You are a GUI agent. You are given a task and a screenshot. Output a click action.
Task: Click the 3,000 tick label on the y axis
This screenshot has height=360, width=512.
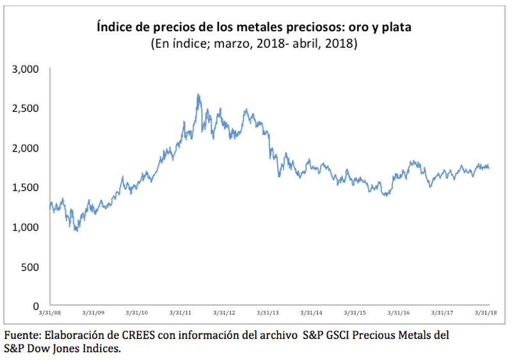[26, 68]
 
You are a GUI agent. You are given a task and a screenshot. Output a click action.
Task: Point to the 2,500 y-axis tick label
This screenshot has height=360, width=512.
[26, 108]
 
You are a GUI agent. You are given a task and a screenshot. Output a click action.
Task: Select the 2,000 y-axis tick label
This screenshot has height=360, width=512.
[26, 148]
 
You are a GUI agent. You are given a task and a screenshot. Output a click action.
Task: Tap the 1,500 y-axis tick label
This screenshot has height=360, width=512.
[26, 187]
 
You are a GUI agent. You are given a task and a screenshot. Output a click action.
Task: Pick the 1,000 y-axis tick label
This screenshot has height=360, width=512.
[26, 227]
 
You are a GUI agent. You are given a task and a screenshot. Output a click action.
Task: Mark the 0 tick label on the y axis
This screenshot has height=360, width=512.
[36, 306]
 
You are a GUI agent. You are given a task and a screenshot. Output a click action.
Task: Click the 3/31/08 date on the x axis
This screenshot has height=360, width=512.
[49, 313]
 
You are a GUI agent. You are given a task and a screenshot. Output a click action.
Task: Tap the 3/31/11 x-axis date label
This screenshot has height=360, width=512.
[182, 313]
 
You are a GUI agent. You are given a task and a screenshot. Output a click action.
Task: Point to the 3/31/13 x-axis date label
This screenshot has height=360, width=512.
[268, 313]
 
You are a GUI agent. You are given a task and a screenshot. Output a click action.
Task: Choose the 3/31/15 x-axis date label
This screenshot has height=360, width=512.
[355, 313]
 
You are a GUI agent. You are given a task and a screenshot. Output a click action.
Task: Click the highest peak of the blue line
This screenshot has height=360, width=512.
[198, 95]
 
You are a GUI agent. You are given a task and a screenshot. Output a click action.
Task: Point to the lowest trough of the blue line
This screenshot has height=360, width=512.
[77, 230]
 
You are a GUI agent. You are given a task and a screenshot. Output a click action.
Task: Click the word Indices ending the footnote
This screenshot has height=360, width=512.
[101, 349]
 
